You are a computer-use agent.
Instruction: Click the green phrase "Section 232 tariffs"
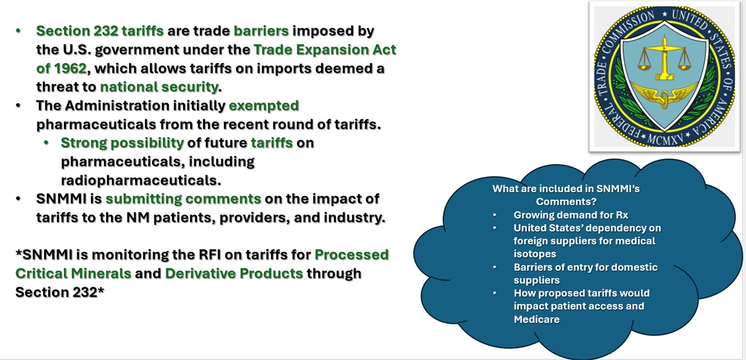[x=100, y=31]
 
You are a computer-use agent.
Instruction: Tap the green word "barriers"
[x=261, y=31]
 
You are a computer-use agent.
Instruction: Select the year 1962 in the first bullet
[x=70, y=69]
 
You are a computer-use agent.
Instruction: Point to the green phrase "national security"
[x=159, y=87]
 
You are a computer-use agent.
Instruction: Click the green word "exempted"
[x=264, y=106]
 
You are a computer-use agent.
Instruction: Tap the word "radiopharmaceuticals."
[x=141, y=181]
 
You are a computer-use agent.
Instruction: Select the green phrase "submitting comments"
[x=183, y=199]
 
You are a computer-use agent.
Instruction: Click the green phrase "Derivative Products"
[x=234, y=273]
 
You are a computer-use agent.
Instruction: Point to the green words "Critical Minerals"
[x=73, y=273]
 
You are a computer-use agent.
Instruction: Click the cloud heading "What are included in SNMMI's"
[x=566, y=189]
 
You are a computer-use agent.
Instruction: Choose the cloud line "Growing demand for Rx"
[x=571, y=215]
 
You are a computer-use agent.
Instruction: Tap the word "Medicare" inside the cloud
[x=537, y=320]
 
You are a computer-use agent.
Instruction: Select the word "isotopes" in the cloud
[x=535, y=254]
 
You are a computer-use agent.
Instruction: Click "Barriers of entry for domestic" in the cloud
[x=586, y=267]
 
